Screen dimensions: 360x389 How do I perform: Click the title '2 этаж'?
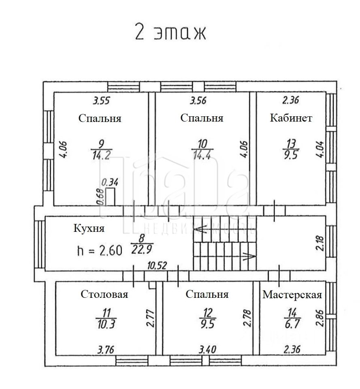170,33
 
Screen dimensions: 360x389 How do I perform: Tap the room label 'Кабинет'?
291,118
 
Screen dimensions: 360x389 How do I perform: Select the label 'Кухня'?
89,228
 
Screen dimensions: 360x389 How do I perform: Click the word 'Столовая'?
104,294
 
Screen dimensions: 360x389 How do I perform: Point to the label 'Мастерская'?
292,295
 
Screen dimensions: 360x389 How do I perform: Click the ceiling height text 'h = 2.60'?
99,250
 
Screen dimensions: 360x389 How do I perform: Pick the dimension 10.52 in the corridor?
157,266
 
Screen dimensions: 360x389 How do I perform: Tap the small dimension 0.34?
110,183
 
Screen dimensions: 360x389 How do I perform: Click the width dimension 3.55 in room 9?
102,100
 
